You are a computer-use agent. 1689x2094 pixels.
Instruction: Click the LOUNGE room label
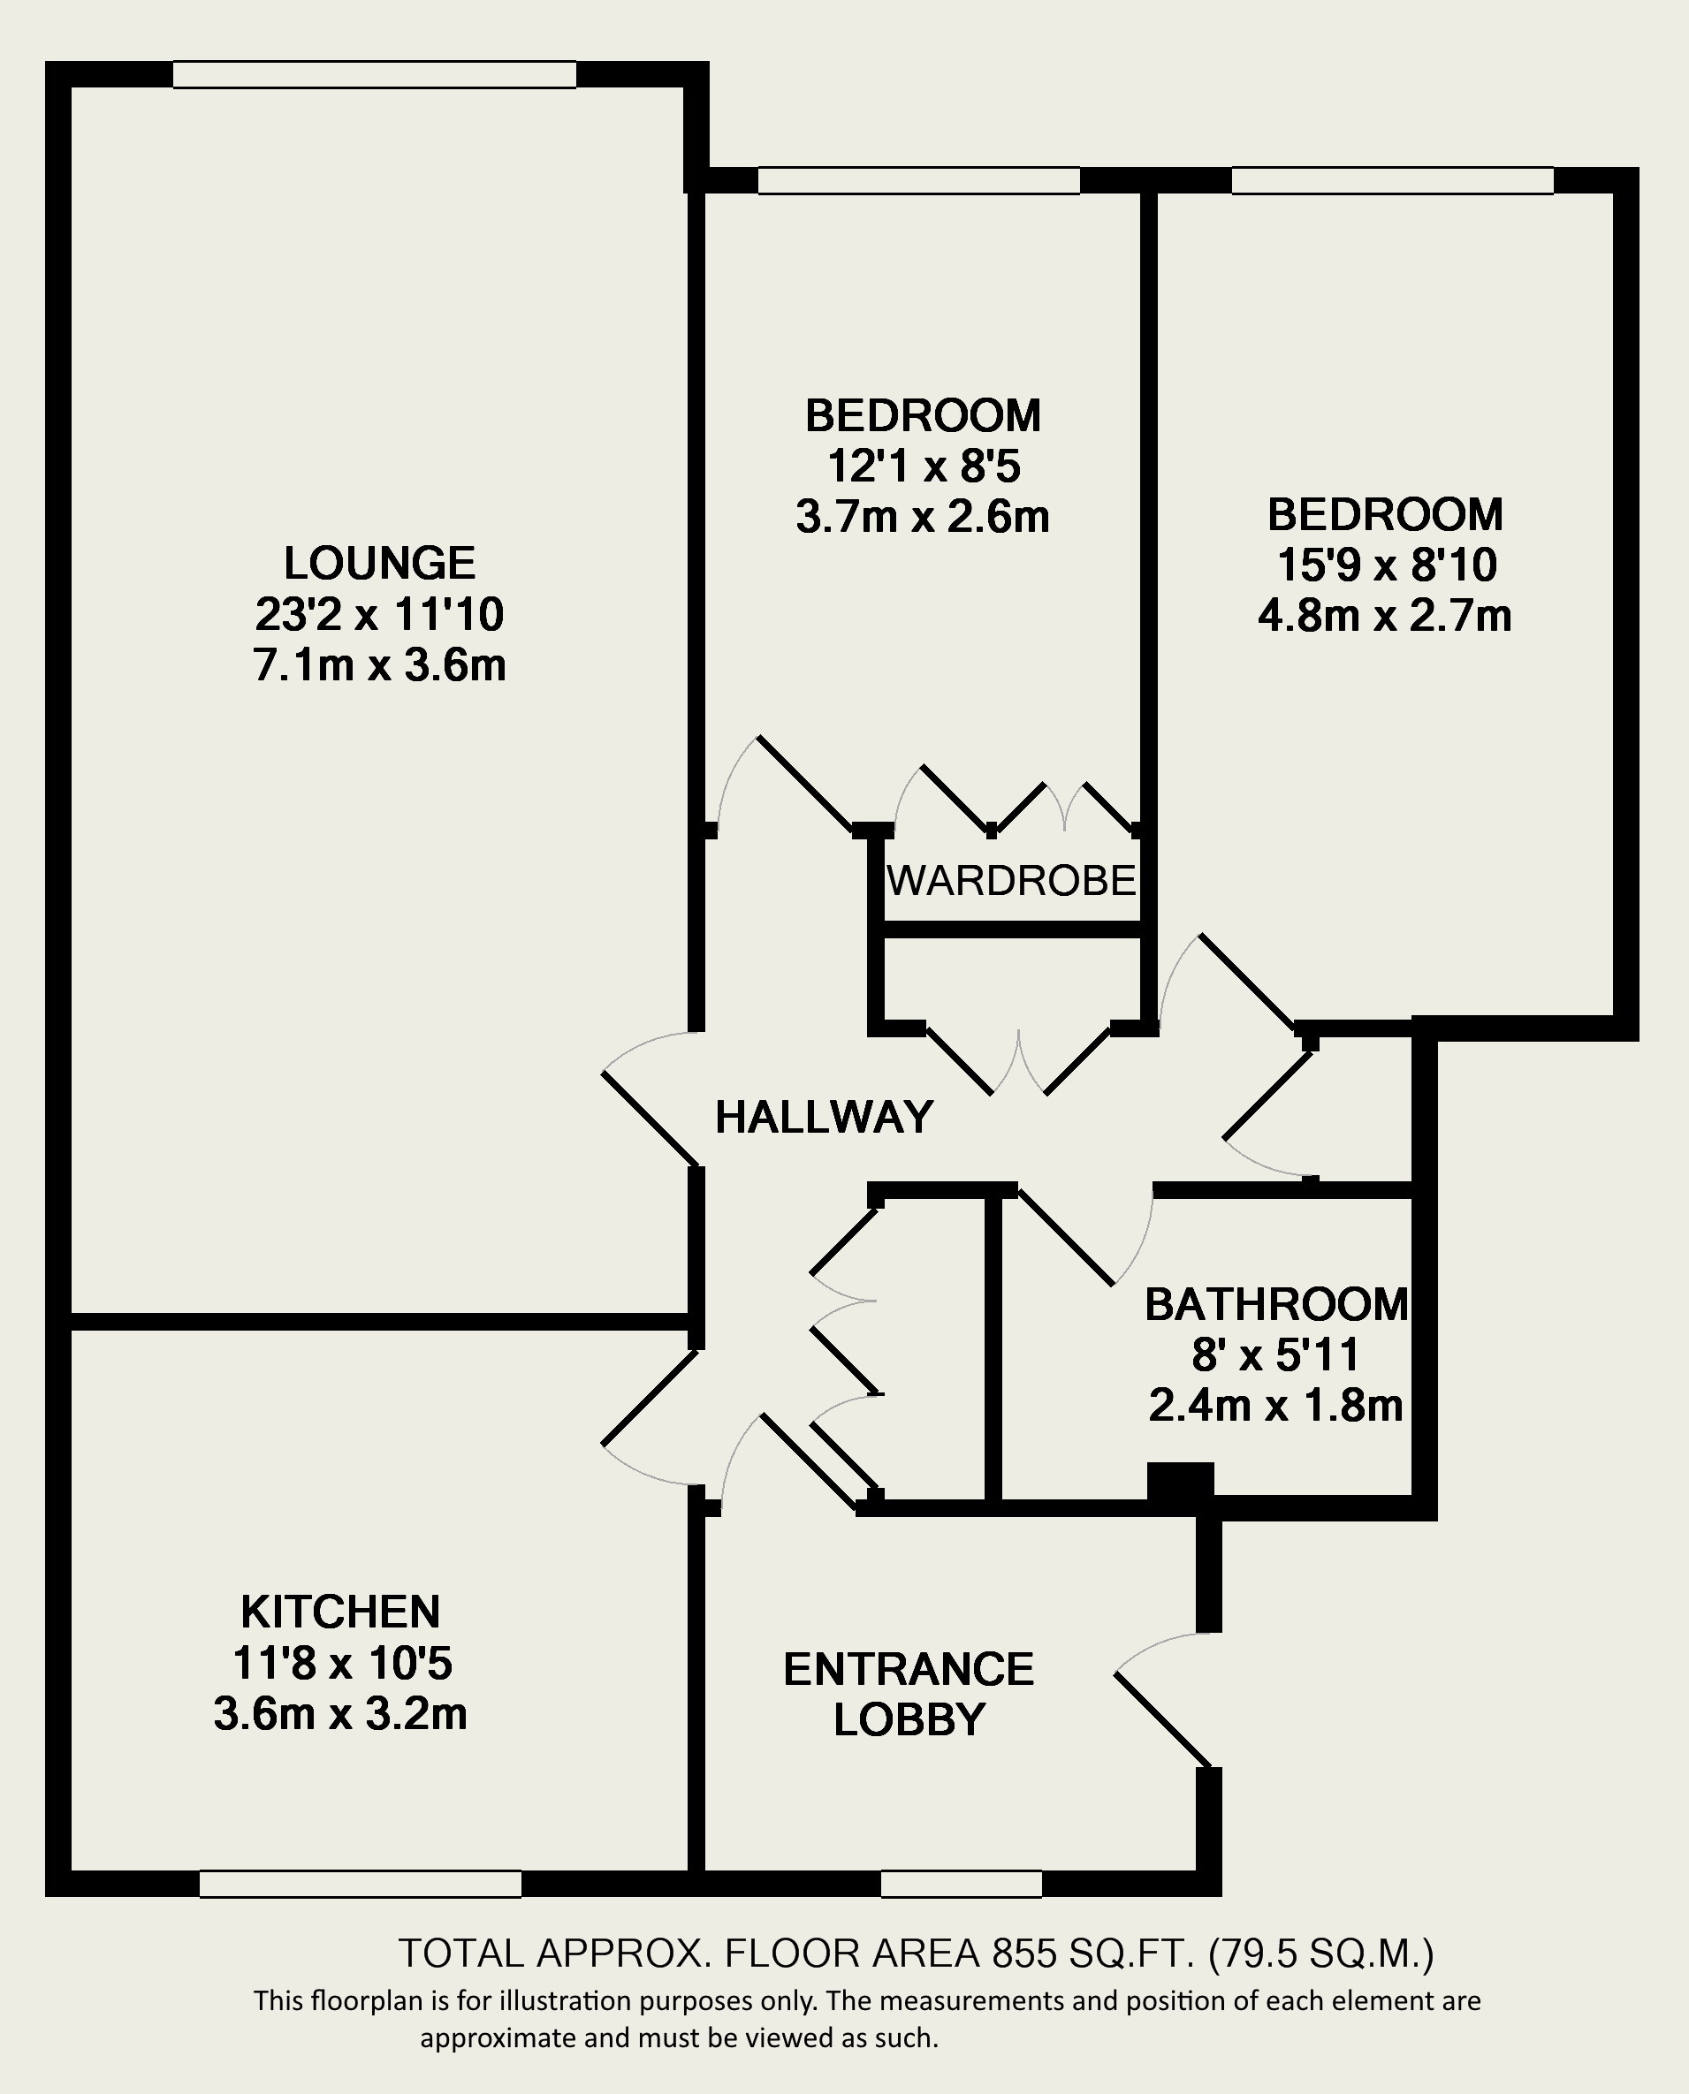pyautogui.click(x=379, y=563)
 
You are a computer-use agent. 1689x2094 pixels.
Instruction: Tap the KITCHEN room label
pyautogui.click(x=340, y=1612)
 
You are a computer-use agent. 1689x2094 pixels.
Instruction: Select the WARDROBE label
pyautogui.click(x=1012, y=880)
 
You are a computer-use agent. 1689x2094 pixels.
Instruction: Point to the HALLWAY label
pyautogui.click(x=824, y=1117)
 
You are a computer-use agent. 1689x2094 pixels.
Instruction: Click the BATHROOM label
pyautogui.click(x=1276, y=1304)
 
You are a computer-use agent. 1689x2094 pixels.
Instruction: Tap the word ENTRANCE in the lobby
pyautogui.click(x=909, y=1669)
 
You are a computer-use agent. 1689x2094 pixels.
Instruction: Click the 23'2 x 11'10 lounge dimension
pyautogui.click(x=379, y=614)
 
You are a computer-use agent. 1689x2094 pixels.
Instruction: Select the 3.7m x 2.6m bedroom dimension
pyautogui.click(x=923, y=517)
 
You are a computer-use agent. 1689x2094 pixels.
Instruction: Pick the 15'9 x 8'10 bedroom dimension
pyautogui.click(x=1386, y=565)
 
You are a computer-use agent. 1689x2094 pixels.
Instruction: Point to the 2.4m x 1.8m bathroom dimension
pyautogui.click(x=1275, y=1406)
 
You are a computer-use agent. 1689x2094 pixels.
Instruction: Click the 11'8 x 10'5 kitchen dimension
pyautogui.click(x=342, y=1663)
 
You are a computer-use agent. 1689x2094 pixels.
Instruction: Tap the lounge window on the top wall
pyautogui.click(x=375, y=75)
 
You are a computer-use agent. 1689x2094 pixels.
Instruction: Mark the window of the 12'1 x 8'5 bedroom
pyautogui.click(x=918, y=181)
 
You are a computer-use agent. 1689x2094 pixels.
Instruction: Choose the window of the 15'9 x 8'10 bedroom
pyautogui.click(x=1392, y=181)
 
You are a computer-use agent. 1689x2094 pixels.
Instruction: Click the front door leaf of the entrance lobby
pyautogui.click(x=1164, y=1718)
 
